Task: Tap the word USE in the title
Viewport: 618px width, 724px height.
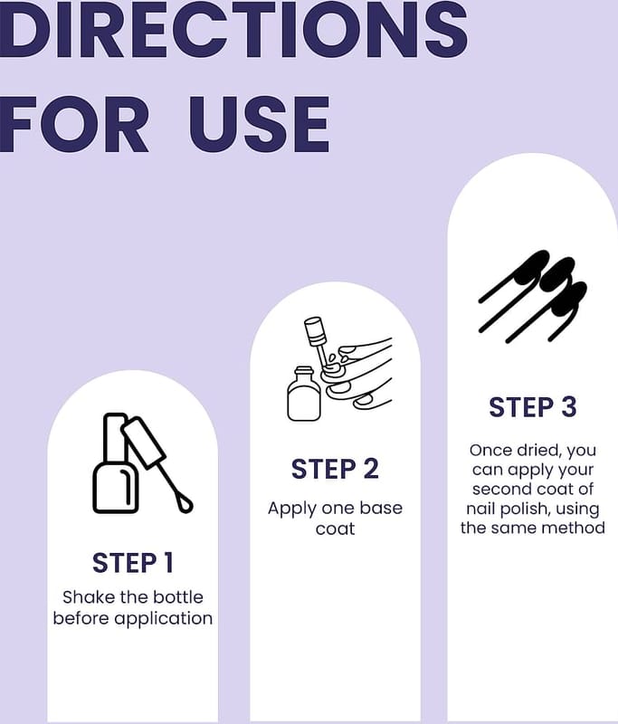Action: pos(260,125)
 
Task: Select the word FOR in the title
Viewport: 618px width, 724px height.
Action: pos(75,125)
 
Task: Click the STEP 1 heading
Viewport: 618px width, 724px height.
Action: pos(133,563)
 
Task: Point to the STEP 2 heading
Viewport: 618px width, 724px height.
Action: pos(335,469)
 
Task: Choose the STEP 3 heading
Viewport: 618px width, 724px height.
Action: pos(533,407)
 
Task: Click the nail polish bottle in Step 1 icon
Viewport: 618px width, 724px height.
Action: pos(116,463)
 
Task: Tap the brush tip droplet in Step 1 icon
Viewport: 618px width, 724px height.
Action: pos(185,504)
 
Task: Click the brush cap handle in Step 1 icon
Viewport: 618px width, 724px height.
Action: pos(144,443)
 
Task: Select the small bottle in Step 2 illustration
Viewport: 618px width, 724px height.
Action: pos(304,394)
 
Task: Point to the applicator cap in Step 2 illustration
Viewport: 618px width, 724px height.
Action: pos(314,331)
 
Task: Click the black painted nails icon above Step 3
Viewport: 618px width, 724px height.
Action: pos(533,298)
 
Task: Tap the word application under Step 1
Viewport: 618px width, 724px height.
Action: pos(164,619)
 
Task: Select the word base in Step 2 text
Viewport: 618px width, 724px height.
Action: pos(381,508)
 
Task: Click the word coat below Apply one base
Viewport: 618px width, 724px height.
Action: pos(335,529)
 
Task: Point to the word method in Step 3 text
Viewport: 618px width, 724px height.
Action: pos(577,528)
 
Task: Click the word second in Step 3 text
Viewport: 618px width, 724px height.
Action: pos(499,489)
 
